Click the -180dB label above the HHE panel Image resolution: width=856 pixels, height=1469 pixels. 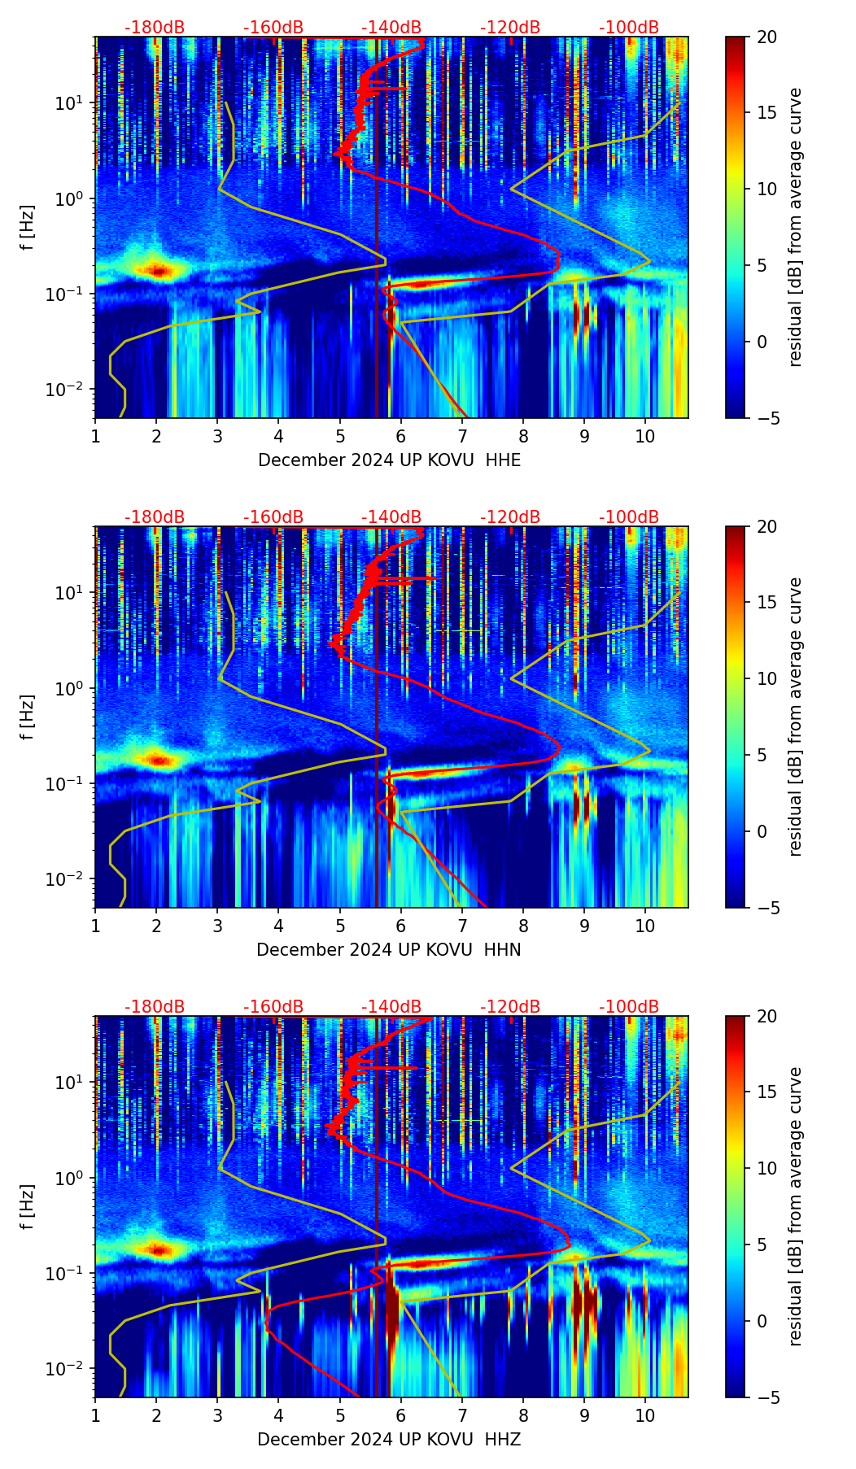pyautogui.click(x=155, y=28)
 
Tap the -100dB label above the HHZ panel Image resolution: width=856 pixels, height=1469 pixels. pyautogui.click(x=629, y=1007)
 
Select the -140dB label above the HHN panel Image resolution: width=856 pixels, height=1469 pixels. pyautogui.click(x=391, y=517)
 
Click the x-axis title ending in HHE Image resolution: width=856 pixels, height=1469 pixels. pyautogui.click(x=389, y=460)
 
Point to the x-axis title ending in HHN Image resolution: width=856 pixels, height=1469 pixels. pyautogui.click(x=389, y=950)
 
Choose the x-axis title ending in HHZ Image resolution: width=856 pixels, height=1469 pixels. pyautogui.click(x=389, y=1440)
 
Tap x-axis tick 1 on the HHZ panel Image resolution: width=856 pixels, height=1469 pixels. pyautogui.click(x=95, y=1415)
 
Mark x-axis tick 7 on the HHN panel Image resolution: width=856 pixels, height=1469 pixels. pyautogui.click(x=462, y=926)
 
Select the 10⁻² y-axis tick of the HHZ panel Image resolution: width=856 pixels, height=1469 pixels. pyautogui.click(x=64, y=1369)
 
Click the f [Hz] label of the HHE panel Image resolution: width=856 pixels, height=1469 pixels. pyautogui.click(x=28, y=228)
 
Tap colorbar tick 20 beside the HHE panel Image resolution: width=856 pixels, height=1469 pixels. pyautogui.click(x=766, y=37)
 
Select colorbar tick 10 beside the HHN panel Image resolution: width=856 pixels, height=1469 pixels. pyautogui.click(x=766, y=678)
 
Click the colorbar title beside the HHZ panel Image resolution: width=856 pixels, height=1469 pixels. pyautogui.click(x=795, y=1206)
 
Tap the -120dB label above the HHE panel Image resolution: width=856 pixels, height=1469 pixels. pyautogui.click(x=510, y=28)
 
